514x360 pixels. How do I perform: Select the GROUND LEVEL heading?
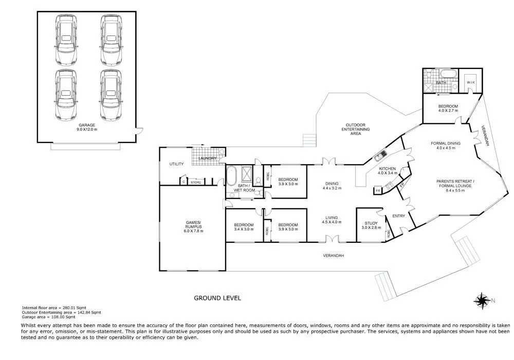click(216, 298)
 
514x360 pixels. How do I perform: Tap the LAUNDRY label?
click(207, 158)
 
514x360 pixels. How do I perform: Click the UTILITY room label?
click(177, 164)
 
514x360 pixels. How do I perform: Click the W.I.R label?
click(470, 82)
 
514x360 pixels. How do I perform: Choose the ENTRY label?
click(398, 216)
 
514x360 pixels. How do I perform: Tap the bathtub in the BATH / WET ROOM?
click(232, 176)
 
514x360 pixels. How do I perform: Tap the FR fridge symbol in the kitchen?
click(378, 191)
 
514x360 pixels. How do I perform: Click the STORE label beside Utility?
click(196, 182)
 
